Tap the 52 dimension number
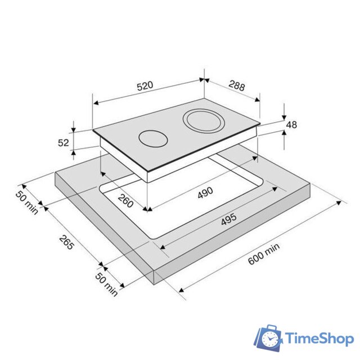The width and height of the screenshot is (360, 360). [64, 143]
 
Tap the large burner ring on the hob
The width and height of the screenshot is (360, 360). [202, 120]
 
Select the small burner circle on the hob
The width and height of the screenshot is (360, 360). [153, 138]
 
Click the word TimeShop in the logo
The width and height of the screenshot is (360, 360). [319, 339]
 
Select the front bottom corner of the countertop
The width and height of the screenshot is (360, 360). [156, 285]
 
